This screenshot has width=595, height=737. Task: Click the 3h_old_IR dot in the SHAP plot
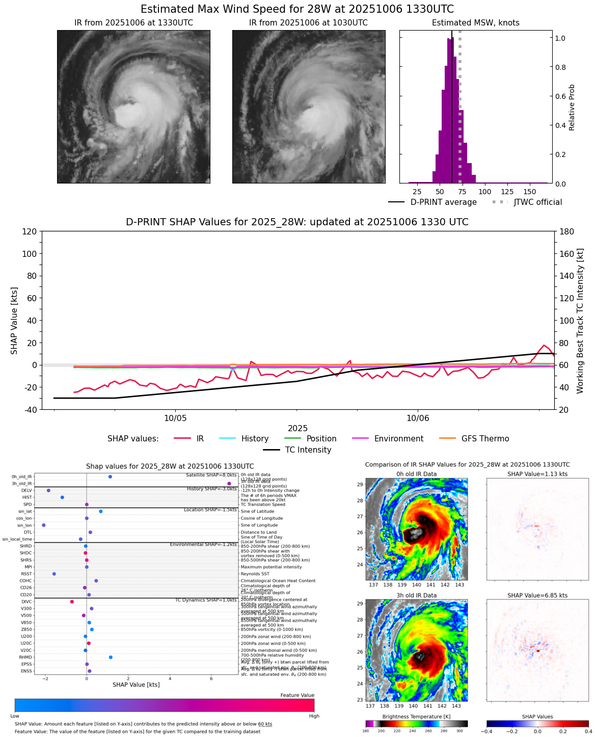tap(229, 483)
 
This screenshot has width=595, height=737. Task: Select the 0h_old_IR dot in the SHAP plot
tap(110, 477)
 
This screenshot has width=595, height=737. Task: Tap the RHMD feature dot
tap(111, 657)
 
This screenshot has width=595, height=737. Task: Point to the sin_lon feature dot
tap(44, 525)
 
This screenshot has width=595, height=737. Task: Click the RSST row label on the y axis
tap(26, 574)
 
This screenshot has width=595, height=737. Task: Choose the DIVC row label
tap(26, 601)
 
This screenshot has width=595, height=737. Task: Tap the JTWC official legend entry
tap(537, 202)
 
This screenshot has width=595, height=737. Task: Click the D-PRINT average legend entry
tap(443, 202)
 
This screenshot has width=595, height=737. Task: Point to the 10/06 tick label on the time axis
tap(417, 418)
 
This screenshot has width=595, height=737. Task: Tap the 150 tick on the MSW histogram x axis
tap(530, 192)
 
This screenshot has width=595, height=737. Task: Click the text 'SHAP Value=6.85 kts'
tap(537, 595)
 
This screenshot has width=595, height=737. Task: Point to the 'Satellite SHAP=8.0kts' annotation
tap(211, 475)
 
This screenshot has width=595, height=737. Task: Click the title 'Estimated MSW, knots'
tap(476, 23)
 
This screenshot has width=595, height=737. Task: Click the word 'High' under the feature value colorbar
tap(314, 716)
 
